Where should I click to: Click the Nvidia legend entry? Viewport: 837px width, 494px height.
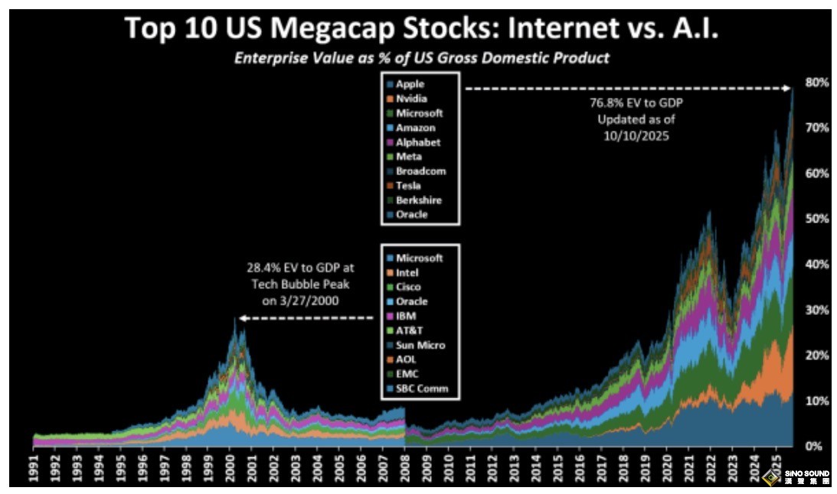coord(411,99)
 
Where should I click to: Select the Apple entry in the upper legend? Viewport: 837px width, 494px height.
coord(410,84)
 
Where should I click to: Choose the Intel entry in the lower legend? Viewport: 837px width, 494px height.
coord(407,273)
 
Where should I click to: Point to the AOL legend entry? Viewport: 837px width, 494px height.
coord(406,360)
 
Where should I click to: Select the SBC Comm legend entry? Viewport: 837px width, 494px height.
coord(421,389)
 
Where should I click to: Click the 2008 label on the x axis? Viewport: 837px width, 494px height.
coord(404,467)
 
